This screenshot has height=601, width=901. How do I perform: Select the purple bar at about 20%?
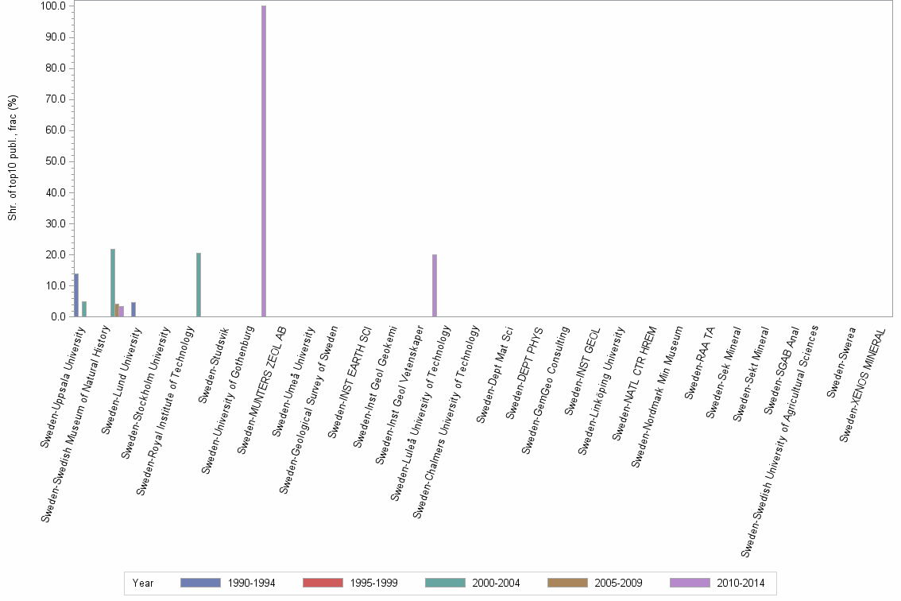click(435, 285)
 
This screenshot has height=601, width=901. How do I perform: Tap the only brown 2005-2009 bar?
click(117, 310)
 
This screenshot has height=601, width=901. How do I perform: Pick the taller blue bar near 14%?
click(76, 295)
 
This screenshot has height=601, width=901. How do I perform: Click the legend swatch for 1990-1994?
click(200, 583)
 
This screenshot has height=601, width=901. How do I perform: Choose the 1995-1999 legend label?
click(373, 583)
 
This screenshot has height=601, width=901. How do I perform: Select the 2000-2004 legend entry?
click(472, 583)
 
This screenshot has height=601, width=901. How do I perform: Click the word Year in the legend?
click(143, 583)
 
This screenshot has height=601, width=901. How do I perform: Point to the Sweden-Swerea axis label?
click(841, 361)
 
